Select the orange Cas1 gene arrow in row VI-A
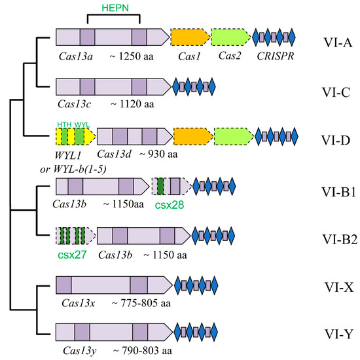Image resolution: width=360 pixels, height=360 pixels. point(189,37)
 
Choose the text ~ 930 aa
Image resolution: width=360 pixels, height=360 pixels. point(157,155)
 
